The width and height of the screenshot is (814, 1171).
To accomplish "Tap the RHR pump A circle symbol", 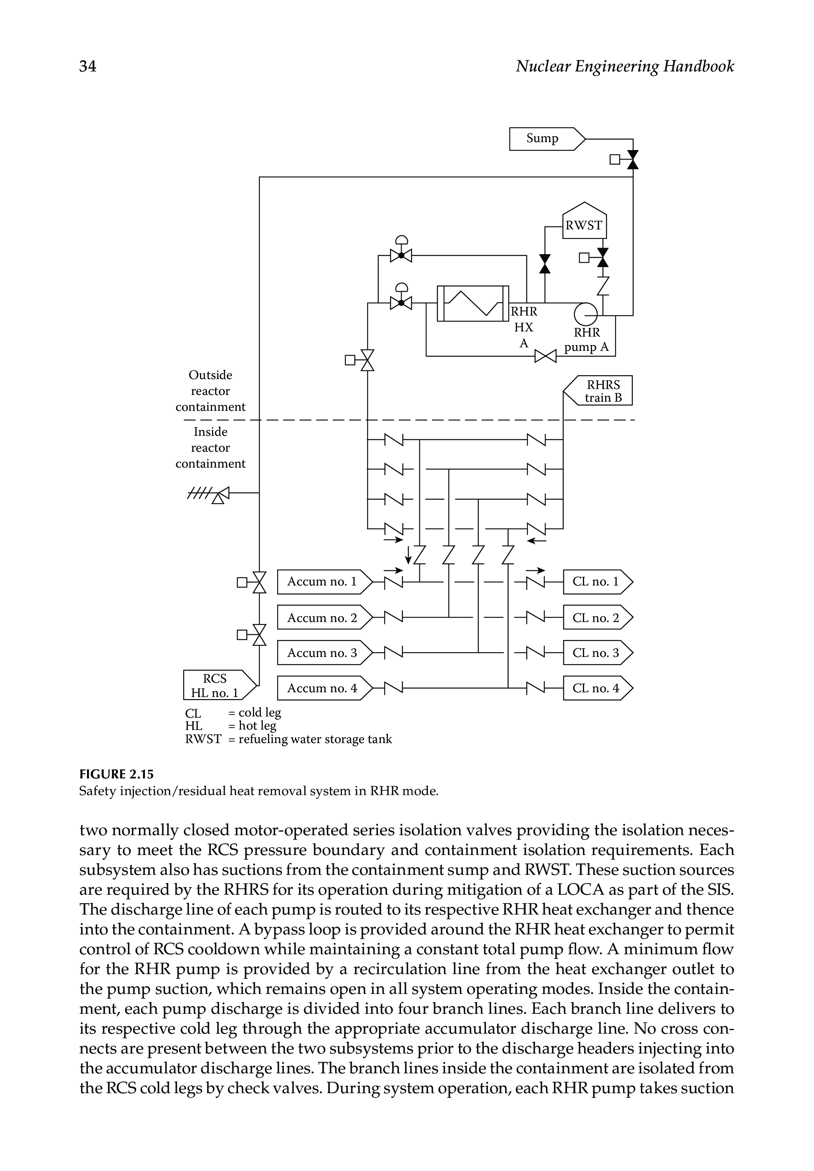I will click(586, 314).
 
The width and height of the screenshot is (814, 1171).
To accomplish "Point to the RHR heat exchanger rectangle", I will click(473, 303).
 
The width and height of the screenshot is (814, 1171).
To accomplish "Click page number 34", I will click(88, 66).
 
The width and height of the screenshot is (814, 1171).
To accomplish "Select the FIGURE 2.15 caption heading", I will click(116, 774).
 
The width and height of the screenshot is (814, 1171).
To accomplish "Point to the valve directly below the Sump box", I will click(633, 160).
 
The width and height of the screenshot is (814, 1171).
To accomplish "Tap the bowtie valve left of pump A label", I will click(545, 356).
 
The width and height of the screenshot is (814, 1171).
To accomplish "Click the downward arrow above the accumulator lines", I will click(408, 553).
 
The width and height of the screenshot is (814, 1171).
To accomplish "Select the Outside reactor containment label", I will click(210, 391).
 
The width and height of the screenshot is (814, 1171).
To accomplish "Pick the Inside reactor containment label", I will click(210, 448).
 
